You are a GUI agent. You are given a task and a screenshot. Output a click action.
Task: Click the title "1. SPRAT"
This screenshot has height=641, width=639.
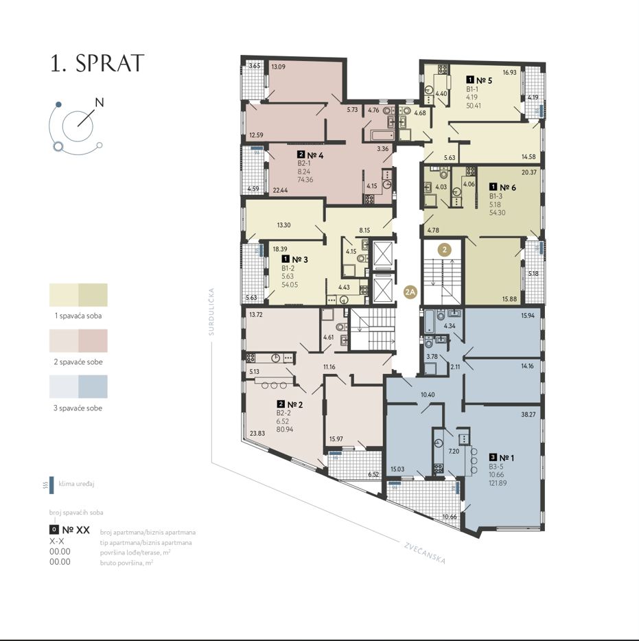point(97,63)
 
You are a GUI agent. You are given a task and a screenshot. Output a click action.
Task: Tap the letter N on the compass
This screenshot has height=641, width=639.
point(100,102)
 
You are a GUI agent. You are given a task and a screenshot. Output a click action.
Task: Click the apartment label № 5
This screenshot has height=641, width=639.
point(484,80)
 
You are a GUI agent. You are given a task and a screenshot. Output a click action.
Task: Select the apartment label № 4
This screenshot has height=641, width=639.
point(315,155)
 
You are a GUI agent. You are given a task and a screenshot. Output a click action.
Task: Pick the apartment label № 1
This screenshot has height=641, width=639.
point(507,458)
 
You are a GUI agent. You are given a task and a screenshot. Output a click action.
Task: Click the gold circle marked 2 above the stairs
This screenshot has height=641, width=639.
point(445,249)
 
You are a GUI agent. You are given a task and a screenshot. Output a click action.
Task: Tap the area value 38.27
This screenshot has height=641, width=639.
point(528,415)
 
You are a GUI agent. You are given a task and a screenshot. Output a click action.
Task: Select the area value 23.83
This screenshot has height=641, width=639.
point(257,433)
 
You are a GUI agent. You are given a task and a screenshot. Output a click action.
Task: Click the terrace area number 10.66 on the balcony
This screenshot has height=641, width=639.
point(450,517)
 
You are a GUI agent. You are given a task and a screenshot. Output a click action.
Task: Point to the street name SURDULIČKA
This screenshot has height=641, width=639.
point(211,312)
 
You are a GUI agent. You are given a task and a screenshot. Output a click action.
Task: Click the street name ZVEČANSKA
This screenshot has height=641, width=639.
point(425,552)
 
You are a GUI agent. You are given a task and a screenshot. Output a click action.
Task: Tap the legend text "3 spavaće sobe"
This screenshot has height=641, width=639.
point(78,408)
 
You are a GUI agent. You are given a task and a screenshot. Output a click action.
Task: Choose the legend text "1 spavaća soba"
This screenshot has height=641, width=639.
point(78,316)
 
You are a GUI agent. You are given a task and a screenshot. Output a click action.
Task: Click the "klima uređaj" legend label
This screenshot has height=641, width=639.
point(76,484)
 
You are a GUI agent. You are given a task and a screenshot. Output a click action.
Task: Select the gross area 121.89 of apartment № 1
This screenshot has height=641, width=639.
point(498,482)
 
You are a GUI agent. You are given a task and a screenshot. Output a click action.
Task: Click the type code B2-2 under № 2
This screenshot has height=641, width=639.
point(283,413)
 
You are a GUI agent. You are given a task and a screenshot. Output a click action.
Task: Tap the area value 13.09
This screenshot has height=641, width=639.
point(279,67)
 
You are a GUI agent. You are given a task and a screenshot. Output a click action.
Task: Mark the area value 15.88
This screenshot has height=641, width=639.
point(509,299)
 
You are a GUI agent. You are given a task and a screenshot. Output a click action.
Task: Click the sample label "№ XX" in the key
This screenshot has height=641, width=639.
point(76,531)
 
